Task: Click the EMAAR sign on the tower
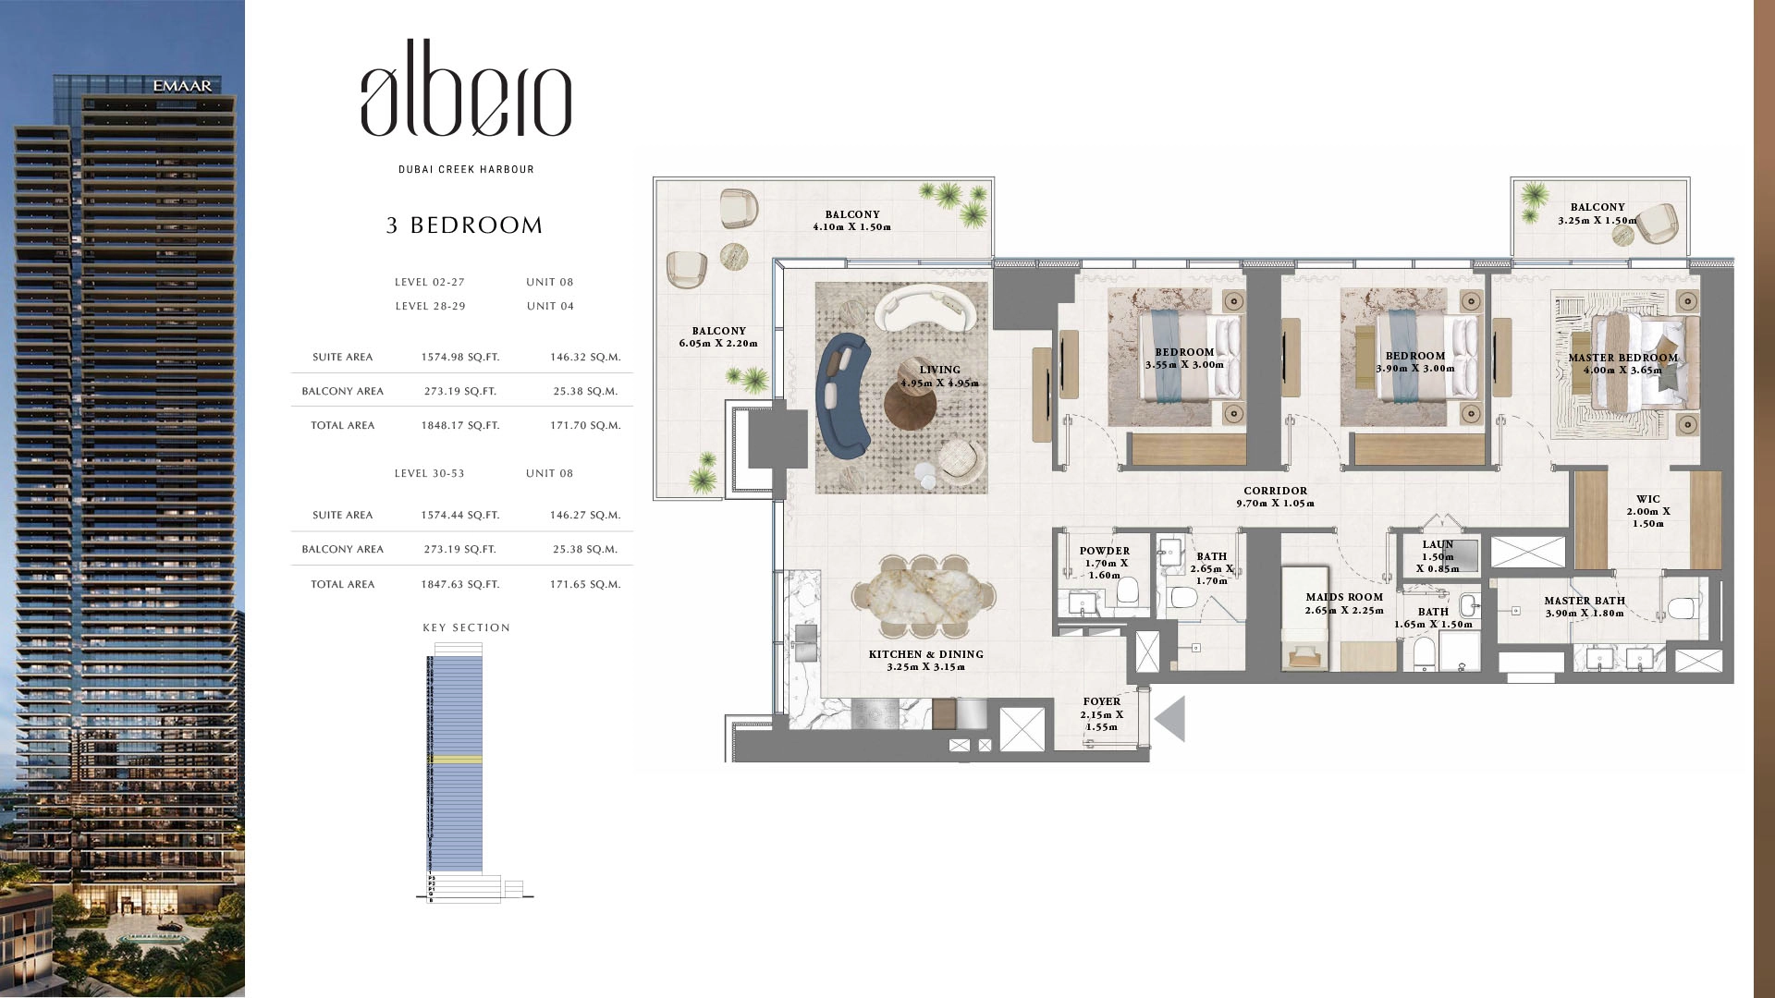coord(182,86)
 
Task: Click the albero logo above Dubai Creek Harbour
coord(466,100)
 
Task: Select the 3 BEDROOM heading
coord(464,225)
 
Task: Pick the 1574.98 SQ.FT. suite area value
coord(459,357)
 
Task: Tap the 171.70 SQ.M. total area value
coord(585,426)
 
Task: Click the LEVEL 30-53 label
coord(429,473)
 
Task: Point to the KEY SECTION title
coord(466,627)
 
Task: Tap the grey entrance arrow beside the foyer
coord(1170,719)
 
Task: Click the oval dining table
coord(923,597)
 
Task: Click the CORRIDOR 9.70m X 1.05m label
coord(1275,497)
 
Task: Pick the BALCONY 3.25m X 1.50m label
coord(1597,213)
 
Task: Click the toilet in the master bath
coord(1682,607)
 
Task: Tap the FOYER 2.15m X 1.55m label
coord(1101,713)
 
